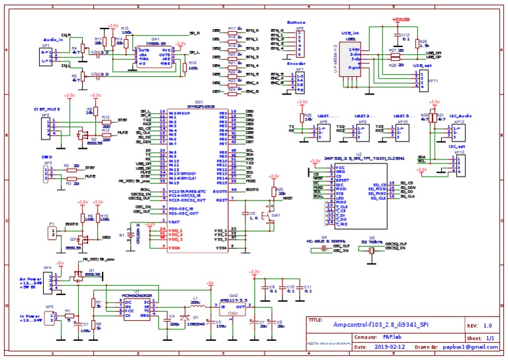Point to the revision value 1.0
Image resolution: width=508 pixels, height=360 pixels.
tap(487, 326)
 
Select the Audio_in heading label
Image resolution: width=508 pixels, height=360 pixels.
tap(54, 40)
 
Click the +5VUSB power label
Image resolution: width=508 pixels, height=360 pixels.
tap(402, 19)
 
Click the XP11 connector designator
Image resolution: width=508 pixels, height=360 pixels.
tap(433, 81)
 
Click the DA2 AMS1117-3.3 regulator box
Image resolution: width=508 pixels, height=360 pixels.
tap(233, 306)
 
